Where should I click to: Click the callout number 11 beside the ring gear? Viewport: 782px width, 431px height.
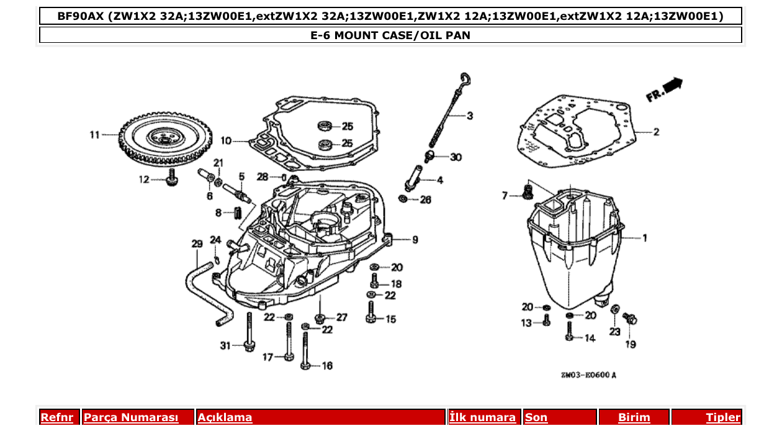tap(94, 134)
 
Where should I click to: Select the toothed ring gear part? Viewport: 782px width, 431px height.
tap(165, 139)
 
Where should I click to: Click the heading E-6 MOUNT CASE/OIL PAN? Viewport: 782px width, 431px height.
tap(390, 35)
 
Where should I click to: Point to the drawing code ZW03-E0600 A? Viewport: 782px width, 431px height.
tap(589, 375)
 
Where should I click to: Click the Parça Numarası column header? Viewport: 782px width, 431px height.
tap(131, 417)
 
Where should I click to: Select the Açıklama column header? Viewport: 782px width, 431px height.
tap(225, 417)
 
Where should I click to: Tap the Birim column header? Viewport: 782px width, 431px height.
tap(634, 417)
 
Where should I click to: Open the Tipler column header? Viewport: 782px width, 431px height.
tap(723, 417)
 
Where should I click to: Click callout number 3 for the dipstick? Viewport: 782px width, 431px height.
tap(470, 116)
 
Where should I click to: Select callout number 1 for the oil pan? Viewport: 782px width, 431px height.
tap(644, 238)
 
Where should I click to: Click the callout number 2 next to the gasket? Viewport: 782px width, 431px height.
tap(655, 132)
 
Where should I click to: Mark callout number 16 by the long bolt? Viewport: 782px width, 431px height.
tap(327, 366)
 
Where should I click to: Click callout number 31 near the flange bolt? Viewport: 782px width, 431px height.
tap(225, 345)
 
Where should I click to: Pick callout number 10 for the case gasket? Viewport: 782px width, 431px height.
tap(226, 142)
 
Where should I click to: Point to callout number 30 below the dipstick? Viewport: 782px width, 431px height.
tap(456, 158)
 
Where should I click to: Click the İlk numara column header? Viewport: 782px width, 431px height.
tap(482, 417)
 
